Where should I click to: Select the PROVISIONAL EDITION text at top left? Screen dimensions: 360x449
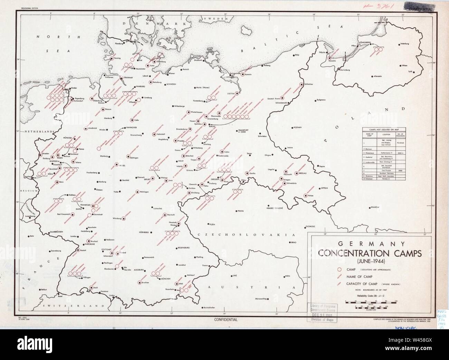(x=29, y=7)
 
